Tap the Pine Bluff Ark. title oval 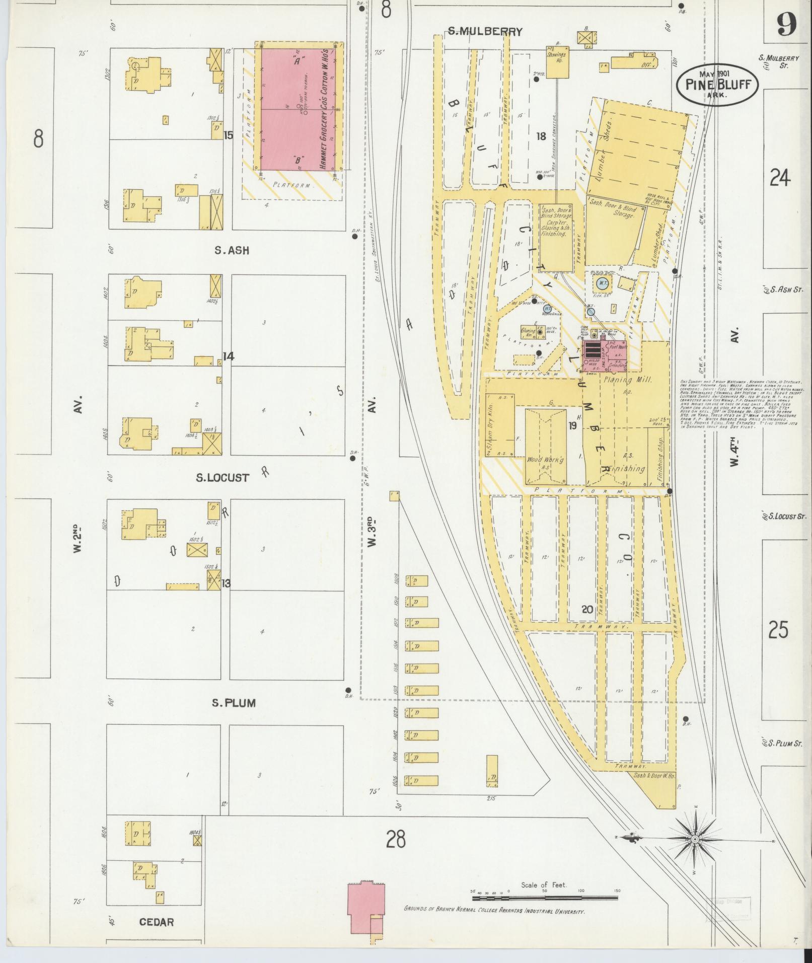tap(720, 84)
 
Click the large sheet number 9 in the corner tap(786, 24)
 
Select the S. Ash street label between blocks tap(232, 250)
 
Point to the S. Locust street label tap(223, 477)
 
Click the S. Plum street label tap(233, 703)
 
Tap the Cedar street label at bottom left tap(157, 922)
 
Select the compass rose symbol tap(694, 839)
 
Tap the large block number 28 tap(396, 839)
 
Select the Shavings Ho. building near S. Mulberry tap(557, 62)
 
